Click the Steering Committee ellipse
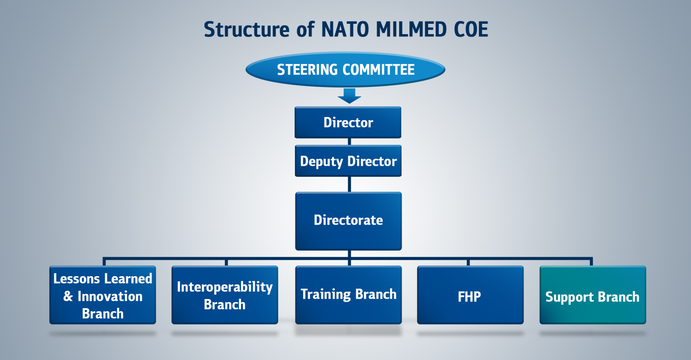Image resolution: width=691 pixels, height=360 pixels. (345, 69)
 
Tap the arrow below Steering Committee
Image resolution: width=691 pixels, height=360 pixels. (349, 96)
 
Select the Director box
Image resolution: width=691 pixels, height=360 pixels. (348, 122)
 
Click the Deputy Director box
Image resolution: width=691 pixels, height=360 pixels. (348, 161)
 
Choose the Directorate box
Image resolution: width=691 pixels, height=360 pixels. (349, 221)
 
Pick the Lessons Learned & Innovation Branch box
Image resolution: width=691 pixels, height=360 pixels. (103, 295)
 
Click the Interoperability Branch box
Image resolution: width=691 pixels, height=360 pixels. (225, 295)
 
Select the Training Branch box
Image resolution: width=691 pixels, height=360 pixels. (349, 295)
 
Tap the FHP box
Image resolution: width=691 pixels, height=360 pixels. (470, 295)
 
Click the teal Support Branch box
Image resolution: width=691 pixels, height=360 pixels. (593, 295)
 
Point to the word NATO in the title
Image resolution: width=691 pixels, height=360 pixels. (345, 29)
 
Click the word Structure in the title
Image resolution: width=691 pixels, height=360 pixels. (247, 29)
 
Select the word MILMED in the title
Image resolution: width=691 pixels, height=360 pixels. (411, 29)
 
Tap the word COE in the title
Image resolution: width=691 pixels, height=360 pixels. (471, 29)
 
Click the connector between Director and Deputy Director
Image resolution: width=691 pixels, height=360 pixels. (349, 142)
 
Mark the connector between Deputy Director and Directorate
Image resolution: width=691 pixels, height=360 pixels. (349, 185)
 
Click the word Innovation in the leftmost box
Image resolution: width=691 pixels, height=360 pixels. (110, 296)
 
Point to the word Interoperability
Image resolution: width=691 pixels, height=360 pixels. (225, 287)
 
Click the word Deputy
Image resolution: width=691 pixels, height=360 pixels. (321, 162)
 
